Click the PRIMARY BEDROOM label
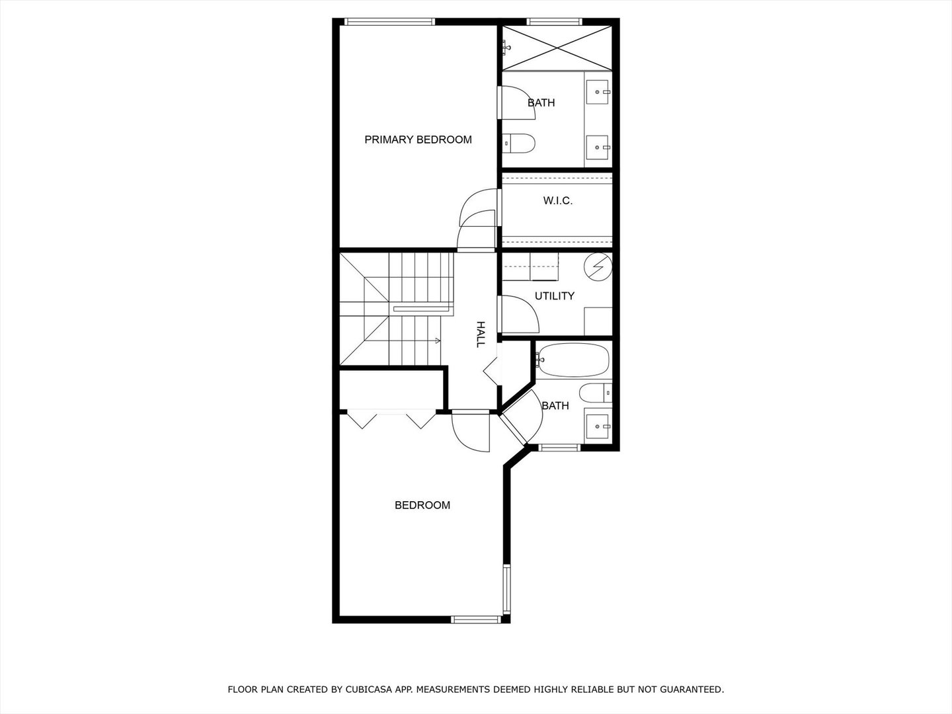[418, 139]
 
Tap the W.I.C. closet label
[558, 200]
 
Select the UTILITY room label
[554, 296]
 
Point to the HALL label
[481, 334]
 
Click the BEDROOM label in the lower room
[422, 505]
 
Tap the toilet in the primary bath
[518, 143]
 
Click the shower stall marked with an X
[557, 47]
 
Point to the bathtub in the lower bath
[573, 360]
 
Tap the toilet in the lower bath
[596, 393]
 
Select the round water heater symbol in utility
[598, 266]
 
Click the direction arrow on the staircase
[436, 341]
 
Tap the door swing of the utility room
[520, 315]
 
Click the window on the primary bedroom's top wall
[390, 22]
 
